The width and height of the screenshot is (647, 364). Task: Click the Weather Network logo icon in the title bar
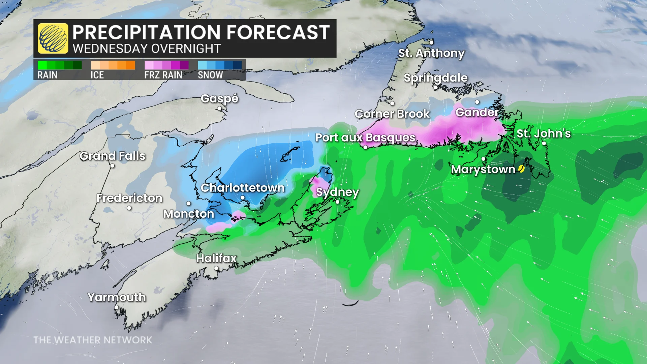tap(53, 38)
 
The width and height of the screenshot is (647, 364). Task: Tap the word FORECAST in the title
tap(278, 33)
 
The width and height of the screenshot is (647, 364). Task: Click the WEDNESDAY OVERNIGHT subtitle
tap(147, 49)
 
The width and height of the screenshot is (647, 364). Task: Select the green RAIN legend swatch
tap(60, 65)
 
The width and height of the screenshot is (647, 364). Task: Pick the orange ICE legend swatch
tap(113, 65)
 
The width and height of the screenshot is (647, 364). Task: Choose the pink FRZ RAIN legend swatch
tap(166, 65)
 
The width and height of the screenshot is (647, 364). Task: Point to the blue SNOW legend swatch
tap(220, 65)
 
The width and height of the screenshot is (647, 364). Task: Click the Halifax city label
tap(216, 258)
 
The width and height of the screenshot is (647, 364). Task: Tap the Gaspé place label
tap(219, 98)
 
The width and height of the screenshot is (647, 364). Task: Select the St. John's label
tap(544, 133)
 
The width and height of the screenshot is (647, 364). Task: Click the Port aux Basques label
tap(365, 138)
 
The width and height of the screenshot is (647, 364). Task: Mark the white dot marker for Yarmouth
tap(117, 307)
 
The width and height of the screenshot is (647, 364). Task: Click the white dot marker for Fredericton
tap(129, 208)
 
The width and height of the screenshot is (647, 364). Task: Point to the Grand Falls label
tap(113, 156)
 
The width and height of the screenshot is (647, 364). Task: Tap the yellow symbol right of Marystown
tap(521, 169)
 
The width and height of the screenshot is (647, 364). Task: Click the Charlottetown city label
tap(243, 188)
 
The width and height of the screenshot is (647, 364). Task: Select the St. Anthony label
tap(431, 53)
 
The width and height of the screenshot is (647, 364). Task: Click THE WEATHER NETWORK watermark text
tap(93, 340)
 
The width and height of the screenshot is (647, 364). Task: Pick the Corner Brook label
tap(392, 114)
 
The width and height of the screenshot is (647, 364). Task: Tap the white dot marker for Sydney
tap(338, 202)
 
